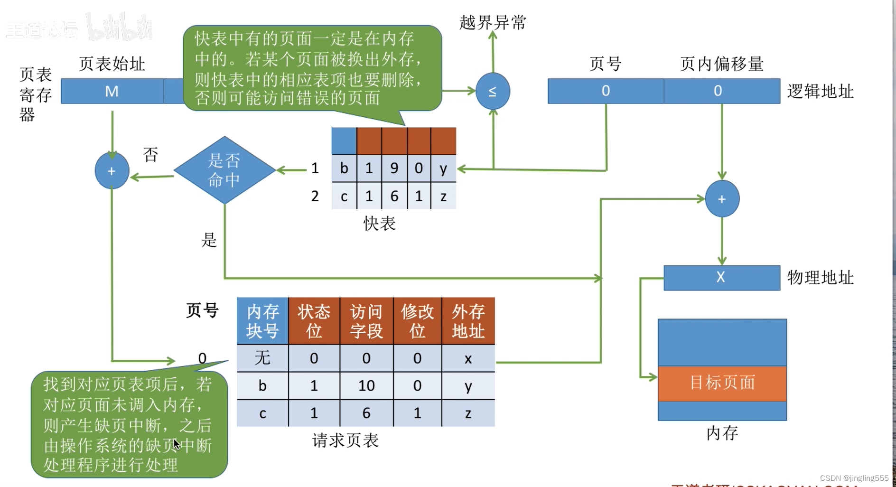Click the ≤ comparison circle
493,91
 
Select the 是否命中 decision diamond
224,170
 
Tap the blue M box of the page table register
112,91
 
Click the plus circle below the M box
112,171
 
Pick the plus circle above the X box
722,199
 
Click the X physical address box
721,278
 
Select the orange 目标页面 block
722,383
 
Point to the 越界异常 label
493,22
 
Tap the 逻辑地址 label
820,91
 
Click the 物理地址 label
820,278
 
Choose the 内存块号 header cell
262,321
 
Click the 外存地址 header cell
468,321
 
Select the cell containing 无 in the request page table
262,358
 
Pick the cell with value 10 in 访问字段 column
366,385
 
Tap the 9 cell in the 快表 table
394,169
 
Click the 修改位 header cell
417,321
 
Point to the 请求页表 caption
345,440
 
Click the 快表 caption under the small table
379,224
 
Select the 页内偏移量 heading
721,64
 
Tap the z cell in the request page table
468,413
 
